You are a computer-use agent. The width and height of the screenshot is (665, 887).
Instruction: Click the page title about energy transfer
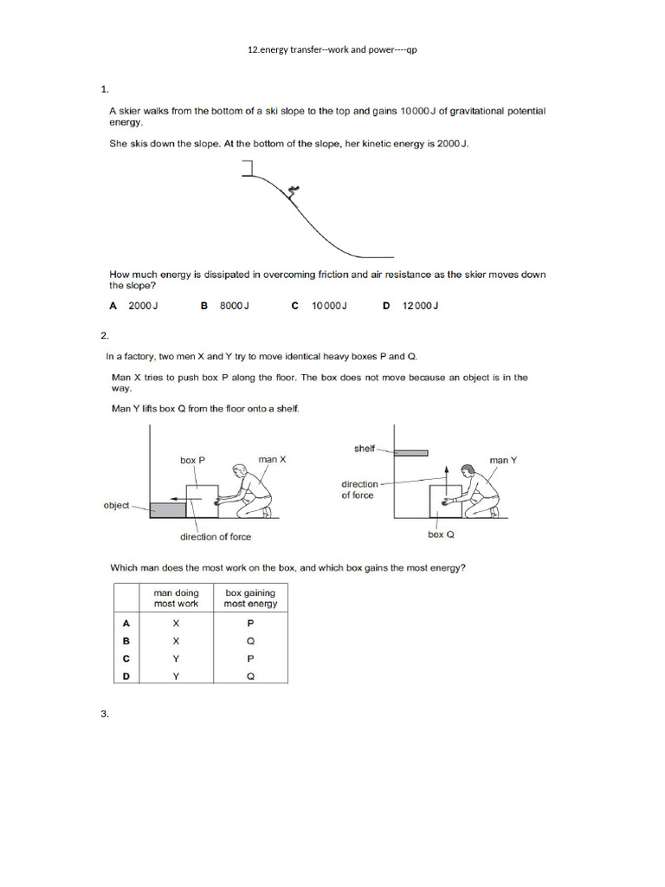pyautogui.click(x=332, y=50)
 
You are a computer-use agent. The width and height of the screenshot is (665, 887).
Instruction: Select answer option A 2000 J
pyautogui.click(x=133, y=306)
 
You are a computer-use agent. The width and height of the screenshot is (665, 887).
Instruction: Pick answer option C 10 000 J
pyautogui.click(x=319, y=306)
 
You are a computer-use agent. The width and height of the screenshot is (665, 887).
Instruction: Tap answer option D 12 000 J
pyautogui.click(x=411, y=306)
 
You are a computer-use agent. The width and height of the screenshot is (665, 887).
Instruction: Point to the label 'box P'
pyautogui.click(x=192, y=461)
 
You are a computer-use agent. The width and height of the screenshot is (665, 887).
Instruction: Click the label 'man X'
pyautogui.click(x=272, y=460)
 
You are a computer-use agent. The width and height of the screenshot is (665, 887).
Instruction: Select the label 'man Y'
pyautogui.click(x=502, y=460)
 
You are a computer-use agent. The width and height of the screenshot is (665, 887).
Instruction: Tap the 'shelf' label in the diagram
pyautogui.click(x=365, y=449)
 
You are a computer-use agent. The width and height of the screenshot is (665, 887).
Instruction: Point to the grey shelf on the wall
pyautogui.click(x=411, y=452)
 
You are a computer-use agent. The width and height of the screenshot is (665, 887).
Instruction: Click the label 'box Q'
pyautogui.click(x=441, y=534)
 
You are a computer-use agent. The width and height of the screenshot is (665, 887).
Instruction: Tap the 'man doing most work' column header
pyautogui.click(x=176, y=599)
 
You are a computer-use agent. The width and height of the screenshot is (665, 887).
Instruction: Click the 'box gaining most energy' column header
pyautogui.click(x=250, y=599)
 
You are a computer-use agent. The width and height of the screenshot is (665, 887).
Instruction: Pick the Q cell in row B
pyautogui.click(x=250, y=641)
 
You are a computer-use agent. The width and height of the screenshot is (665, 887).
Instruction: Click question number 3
pyautogui.click(x=104, y=714)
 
